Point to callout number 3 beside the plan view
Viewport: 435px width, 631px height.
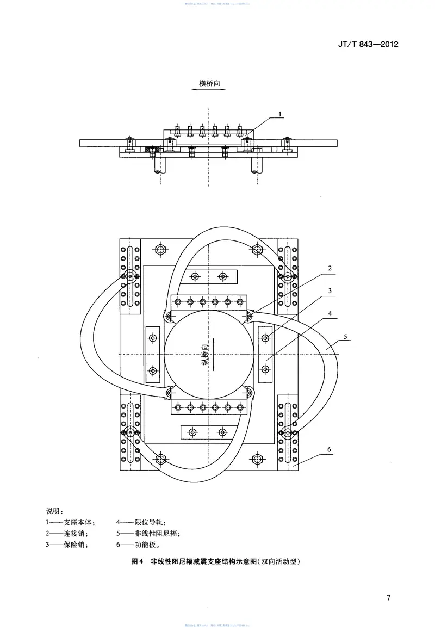pos(330,292)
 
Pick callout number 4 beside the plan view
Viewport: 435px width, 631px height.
pos(330,314)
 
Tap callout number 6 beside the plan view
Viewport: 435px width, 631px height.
pos(330,449)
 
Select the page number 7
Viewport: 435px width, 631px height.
pos(388,598)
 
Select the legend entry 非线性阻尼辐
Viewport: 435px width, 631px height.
pos(148,534)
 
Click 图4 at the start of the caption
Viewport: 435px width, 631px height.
pos(137,562)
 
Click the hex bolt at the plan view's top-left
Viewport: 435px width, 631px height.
pos(160,250)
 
